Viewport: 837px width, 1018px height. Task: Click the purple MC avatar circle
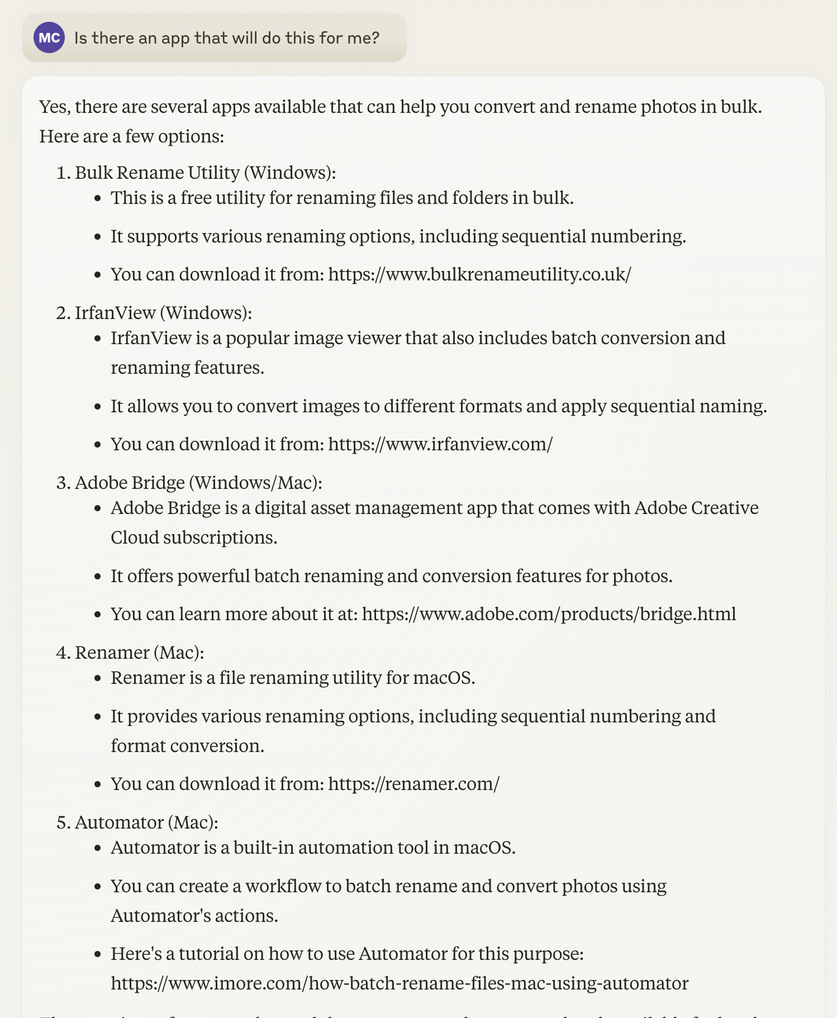click(49, 37)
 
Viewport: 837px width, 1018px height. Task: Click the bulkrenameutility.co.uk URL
click(479, 274)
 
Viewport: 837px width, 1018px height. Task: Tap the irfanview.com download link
click(440, 444)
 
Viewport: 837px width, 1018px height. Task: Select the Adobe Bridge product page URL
click(549, 614)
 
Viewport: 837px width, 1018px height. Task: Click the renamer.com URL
click(413, 784)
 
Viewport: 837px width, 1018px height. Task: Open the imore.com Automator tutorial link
click(399, 983)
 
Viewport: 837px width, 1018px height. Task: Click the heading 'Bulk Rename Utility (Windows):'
click(205, 173)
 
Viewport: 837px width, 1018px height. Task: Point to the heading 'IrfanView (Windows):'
click(163, 313)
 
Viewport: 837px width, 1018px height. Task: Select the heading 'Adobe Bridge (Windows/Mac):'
click(198, 483)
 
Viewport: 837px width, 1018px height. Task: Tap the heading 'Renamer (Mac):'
click(139, 653)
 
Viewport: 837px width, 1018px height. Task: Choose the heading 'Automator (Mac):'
click(146, 822)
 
